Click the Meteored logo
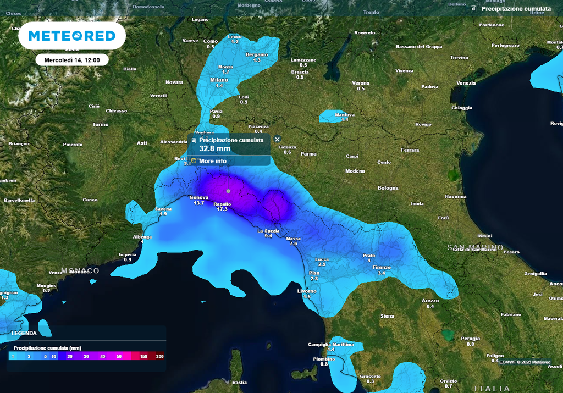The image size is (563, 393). point(72,36)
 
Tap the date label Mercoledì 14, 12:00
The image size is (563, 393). point(72,60)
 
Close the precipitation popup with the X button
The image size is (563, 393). point(278,140)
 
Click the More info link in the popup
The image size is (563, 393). point(212,161)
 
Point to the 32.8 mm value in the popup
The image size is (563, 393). point(214,148)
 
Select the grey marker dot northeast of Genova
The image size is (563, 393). point(228,191)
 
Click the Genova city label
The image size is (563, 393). point(198,197)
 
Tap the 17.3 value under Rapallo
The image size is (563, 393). point(222,209)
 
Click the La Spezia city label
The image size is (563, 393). point(268,231)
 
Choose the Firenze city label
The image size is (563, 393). point(382,267)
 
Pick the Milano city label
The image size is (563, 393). point(219,80)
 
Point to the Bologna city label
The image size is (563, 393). point(388,188)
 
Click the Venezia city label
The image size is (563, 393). point(466,83)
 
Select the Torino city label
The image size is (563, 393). point(101,124)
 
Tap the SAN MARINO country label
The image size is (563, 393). point(475,247)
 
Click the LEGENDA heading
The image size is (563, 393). point(24,333)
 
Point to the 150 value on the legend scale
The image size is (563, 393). point(143,357)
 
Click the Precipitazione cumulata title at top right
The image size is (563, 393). point(516,9)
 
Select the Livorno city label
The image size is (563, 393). point(306,291)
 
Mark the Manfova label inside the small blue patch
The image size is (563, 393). point(345,115)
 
